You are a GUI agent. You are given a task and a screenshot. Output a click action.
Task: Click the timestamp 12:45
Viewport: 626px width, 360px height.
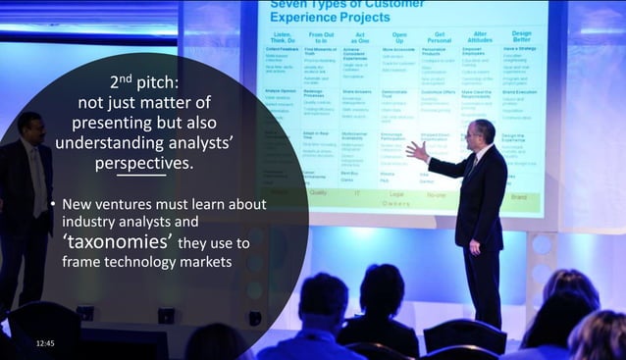[x=45, y=342]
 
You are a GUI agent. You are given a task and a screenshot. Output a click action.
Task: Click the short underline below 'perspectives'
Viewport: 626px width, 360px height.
[x=148, y=177]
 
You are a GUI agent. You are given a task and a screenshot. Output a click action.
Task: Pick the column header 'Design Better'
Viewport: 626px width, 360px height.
[x=522, y=40]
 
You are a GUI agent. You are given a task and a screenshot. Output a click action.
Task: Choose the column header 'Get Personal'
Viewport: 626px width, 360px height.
[x=436, y=40]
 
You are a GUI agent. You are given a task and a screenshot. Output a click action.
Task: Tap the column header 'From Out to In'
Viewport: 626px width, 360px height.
[x=321, y=40]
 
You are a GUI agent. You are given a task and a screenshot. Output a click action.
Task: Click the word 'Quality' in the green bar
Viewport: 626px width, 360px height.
[x=318, y=193]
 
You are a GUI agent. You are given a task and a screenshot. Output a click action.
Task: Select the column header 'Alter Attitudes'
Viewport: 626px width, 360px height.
[x=479, y=40]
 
